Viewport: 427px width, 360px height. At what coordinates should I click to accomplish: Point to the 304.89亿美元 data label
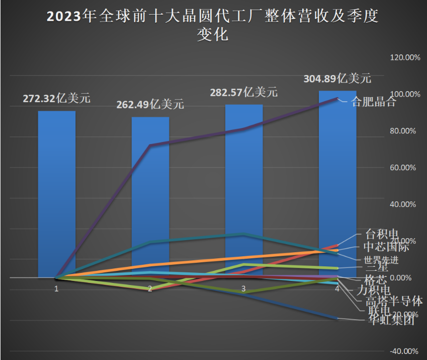[337, 79]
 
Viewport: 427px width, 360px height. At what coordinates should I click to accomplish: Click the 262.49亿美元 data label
[150, 105]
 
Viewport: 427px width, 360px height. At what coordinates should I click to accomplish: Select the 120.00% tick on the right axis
[405, 57]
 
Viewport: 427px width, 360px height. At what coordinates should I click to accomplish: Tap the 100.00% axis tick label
[405, 94]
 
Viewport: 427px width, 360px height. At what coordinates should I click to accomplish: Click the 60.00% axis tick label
[405, 168]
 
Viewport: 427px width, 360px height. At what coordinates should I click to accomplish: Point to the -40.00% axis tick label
[405, 351]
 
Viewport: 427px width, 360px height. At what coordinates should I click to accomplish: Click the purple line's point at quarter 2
[150, 146]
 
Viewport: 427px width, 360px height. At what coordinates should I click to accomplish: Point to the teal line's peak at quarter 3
[244, 234]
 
